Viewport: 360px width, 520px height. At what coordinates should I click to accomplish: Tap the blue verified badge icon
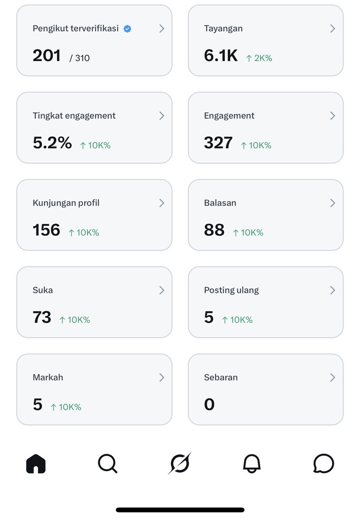pos(127,29)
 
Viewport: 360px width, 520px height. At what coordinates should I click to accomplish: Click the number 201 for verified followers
pos(46,56)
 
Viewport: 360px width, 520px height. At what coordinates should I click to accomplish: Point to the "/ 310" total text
pos(79,58)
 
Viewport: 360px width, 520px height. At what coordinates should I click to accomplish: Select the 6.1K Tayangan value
pos(221,56)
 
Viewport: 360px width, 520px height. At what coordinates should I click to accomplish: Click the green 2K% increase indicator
pos(259,58)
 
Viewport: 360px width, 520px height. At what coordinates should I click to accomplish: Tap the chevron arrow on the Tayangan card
pos(333,29)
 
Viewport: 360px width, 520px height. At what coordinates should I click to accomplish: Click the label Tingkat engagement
pos(74,116)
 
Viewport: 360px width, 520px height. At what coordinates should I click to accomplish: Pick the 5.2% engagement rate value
pos(52,143)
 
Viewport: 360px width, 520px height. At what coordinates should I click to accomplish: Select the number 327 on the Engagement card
pos(218,143)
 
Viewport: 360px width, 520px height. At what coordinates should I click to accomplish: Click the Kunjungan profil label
pos(66,203)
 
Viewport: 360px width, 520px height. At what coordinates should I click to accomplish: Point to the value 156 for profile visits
pos(46,230)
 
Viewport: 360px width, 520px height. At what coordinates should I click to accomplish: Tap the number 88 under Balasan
pos(214,230)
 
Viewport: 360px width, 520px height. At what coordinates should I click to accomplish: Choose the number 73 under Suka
pos(42,317)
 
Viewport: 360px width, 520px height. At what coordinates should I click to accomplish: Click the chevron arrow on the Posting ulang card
pos(333,290)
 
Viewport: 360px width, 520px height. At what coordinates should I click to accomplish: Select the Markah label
pos(48,377)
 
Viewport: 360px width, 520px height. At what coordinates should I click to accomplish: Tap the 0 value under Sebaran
pos(209,404)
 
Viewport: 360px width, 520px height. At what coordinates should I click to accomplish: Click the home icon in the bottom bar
pos(36,464)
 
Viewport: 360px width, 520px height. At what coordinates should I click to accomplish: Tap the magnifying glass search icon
pos(108,464)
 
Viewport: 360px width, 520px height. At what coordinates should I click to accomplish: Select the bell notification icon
pos(252,464)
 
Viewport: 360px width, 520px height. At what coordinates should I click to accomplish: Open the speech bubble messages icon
pos(324,463)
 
